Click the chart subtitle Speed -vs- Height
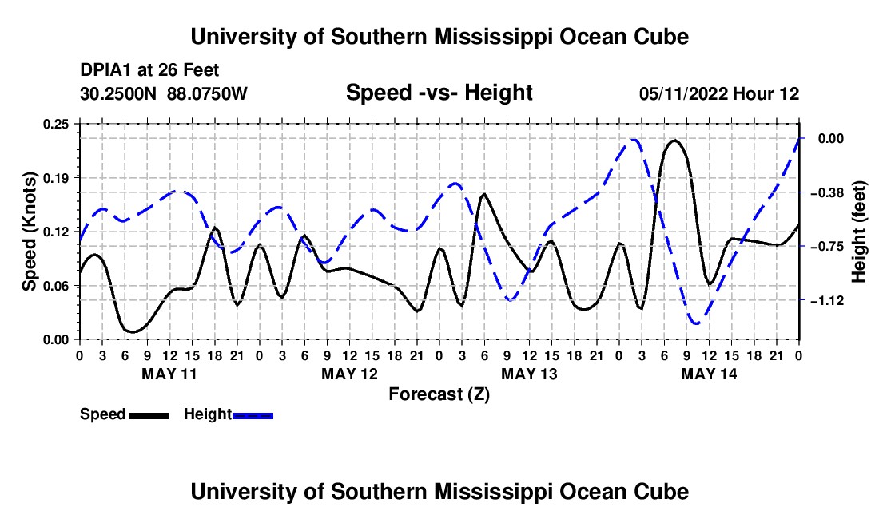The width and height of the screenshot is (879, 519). tap(439, 93)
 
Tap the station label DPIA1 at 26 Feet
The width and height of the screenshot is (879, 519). tap(149, 70)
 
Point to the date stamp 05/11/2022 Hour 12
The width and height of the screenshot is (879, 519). tap(719, 93)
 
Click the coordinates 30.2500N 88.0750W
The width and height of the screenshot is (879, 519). tap(163, 93)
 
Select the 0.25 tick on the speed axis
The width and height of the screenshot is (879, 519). tap(55, 124)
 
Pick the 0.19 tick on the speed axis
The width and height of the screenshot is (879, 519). tap(55, 178)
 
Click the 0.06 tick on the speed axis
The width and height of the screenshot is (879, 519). tap(55, 286)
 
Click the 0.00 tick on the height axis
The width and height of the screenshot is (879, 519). tap(831, 138)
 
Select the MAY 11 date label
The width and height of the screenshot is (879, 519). tap(169, 374)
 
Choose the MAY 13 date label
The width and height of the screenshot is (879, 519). tap(529, 374)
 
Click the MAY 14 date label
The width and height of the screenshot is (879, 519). tap(709, 374)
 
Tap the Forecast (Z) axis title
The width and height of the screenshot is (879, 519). tap(439, 394)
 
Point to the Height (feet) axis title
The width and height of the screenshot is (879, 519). tap(859, 232)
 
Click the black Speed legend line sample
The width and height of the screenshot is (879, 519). tap(149, 415)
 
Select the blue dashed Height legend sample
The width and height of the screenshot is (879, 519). tap(253, 415)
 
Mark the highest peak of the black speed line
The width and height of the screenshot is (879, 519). tap(674, 141)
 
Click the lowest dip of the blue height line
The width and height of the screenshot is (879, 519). tap(696, 323)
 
